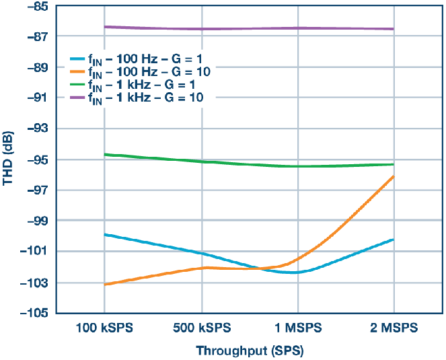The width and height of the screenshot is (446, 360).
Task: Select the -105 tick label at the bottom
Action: coord(37,313)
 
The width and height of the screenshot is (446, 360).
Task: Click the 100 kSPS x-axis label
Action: coord(104,328)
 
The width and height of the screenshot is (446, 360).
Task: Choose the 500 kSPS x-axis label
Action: coord(202,328)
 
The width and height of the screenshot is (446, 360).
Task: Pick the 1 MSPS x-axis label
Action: coord(297,328)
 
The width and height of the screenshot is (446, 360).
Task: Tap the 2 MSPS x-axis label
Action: coord(393,328)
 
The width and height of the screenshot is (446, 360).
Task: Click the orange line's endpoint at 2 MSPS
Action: coord(393,176)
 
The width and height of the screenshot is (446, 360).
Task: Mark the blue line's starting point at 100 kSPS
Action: coord(104,235)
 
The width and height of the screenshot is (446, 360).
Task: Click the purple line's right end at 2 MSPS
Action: coord(393,29)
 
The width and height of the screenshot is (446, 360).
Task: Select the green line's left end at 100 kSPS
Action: coord(104,155)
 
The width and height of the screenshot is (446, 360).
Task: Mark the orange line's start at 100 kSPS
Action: coord(104,285)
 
